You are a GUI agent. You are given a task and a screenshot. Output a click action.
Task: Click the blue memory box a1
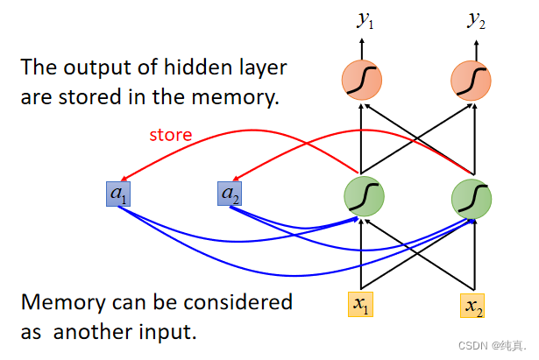118,194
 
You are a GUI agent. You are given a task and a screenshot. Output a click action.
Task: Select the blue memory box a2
230,194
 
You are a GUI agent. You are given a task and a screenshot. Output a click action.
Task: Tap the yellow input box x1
360,304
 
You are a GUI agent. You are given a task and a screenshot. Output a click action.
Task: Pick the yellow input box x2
472,306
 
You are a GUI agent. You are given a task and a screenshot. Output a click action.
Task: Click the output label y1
365,20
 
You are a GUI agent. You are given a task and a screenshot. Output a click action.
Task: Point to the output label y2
476,20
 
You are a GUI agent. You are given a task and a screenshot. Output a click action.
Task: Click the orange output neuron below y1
362,80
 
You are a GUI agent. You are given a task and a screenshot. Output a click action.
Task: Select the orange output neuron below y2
471,81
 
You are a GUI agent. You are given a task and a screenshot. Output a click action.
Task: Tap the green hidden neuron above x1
364,196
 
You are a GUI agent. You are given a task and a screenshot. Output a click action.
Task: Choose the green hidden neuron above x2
472,199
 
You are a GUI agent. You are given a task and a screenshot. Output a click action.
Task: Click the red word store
171,135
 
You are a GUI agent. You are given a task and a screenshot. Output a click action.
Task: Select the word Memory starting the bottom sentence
63,303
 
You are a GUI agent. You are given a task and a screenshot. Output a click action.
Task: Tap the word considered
238,302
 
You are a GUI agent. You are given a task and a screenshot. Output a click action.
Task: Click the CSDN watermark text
492,346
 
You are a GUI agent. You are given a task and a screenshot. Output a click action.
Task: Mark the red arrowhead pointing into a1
125,178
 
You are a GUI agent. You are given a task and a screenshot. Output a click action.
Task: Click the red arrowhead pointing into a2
237,178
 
